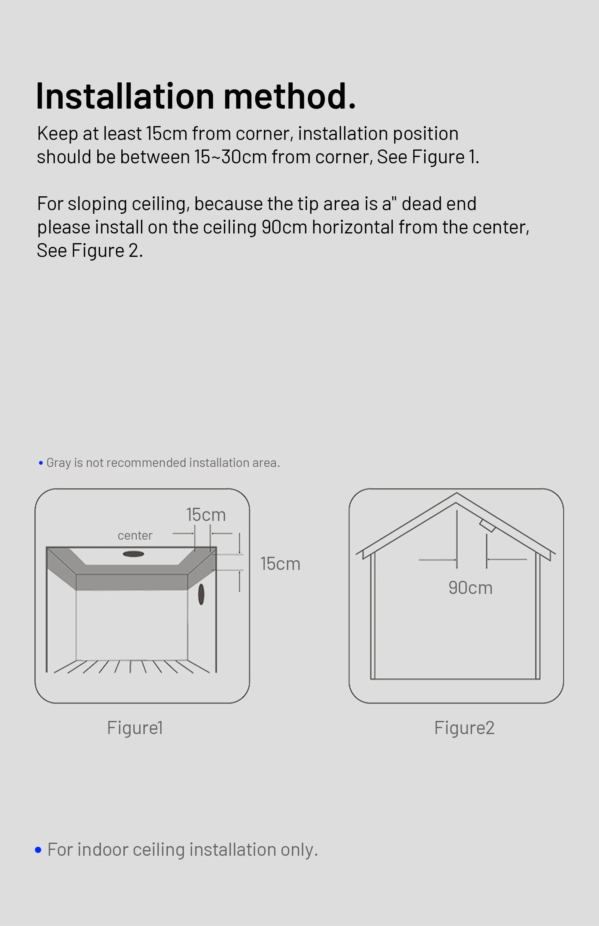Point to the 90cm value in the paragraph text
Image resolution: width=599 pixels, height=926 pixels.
284,227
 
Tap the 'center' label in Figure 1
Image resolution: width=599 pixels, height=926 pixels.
135,536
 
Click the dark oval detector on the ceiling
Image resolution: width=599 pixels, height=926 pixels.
134,554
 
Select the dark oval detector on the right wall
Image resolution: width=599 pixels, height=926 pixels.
201,594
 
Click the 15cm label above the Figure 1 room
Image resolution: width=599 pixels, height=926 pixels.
206,515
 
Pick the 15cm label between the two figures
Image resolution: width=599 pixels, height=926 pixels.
280,564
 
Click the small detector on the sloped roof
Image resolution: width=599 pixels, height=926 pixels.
487,526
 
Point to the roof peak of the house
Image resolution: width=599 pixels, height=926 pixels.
457,493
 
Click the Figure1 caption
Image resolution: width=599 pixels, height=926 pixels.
135,728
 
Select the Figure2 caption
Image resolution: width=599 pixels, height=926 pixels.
465,728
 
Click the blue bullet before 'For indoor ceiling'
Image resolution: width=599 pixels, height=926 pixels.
38,850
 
